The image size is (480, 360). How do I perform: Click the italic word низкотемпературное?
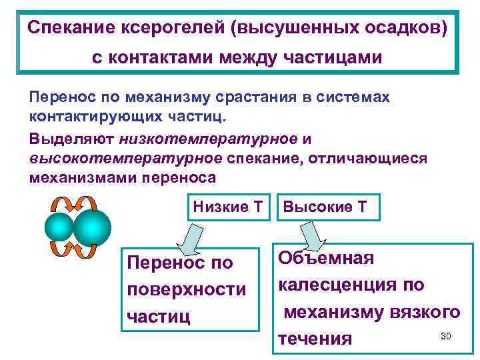coord(209,139)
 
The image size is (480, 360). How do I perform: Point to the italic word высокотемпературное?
coord(126,159)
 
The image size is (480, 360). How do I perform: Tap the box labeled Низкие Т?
coord(227,207)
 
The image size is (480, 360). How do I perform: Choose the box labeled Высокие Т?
coord(325,207)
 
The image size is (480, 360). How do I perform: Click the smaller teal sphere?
coord(59,227)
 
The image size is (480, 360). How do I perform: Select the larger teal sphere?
coord(93,227)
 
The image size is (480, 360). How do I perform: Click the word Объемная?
coord(326,258)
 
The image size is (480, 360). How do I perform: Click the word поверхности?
coord(186,290)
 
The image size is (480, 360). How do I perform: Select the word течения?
coord(314,339)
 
